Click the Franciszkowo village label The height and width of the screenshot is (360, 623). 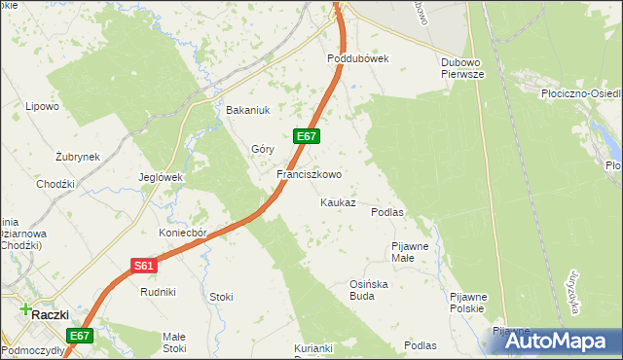point(309,175)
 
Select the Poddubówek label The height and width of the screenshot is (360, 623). point(357,58)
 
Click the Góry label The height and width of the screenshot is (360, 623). point(263,149)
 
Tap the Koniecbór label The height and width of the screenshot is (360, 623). point(184,234)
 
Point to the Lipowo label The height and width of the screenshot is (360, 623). point(43,106)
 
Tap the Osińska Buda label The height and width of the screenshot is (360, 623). point(362,290)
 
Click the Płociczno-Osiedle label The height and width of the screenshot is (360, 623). point(580,94)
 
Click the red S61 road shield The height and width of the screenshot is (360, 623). point(143,265)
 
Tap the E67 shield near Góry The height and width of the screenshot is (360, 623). point(306,136)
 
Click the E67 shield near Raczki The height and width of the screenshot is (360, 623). point(80,336)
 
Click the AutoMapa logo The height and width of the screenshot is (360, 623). point(551,340)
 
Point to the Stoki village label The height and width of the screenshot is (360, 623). point(221,297)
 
